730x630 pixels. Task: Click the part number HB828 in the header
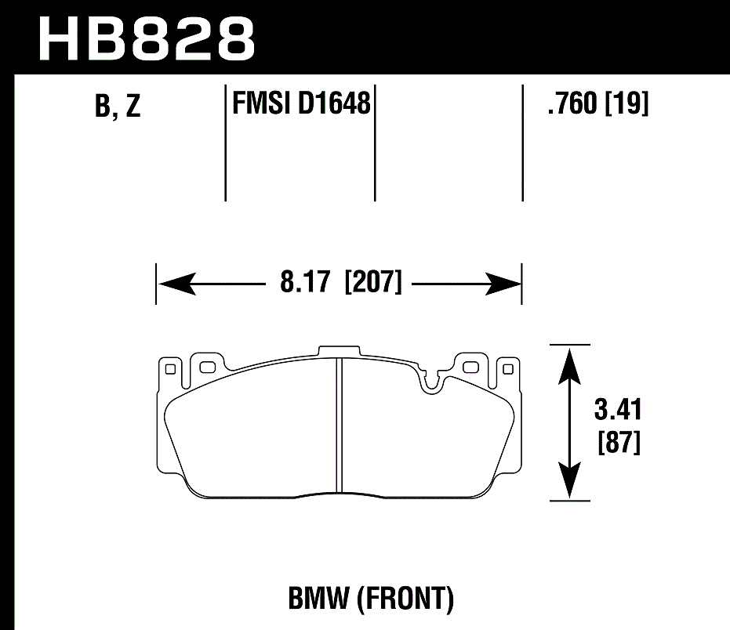(147, 37)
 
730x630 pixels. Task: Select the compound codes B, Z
(117, 107)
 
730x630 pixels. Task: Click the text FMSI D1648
(300, 103)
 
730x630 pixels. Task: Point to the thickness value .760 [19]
(598, 103)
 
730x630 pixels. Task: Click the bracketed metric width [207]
(372, 282)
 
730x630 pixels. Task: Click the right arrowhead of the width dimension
(505, 283)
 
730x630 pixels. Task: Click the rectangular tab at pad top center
(339, 352)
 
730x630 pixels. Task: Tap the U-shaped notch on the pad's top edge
(430, 382)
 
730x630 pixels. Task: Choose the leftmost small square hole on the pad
(170, 367)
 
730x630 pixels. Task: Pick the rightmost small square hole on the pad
(508, 367)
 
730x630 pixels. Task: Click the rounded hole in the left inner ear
(208, 367)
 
